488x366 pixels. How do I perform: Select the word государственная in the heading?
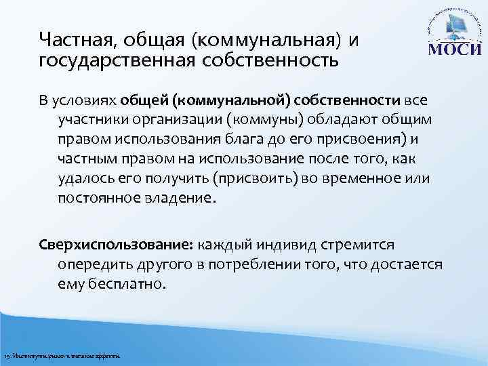point(108,62)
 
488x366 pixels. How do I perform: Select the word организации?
point(184,120)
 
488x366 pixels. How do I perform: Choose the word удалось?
point(85,179)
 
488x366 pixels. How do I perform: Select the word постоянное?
point(98,199)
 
